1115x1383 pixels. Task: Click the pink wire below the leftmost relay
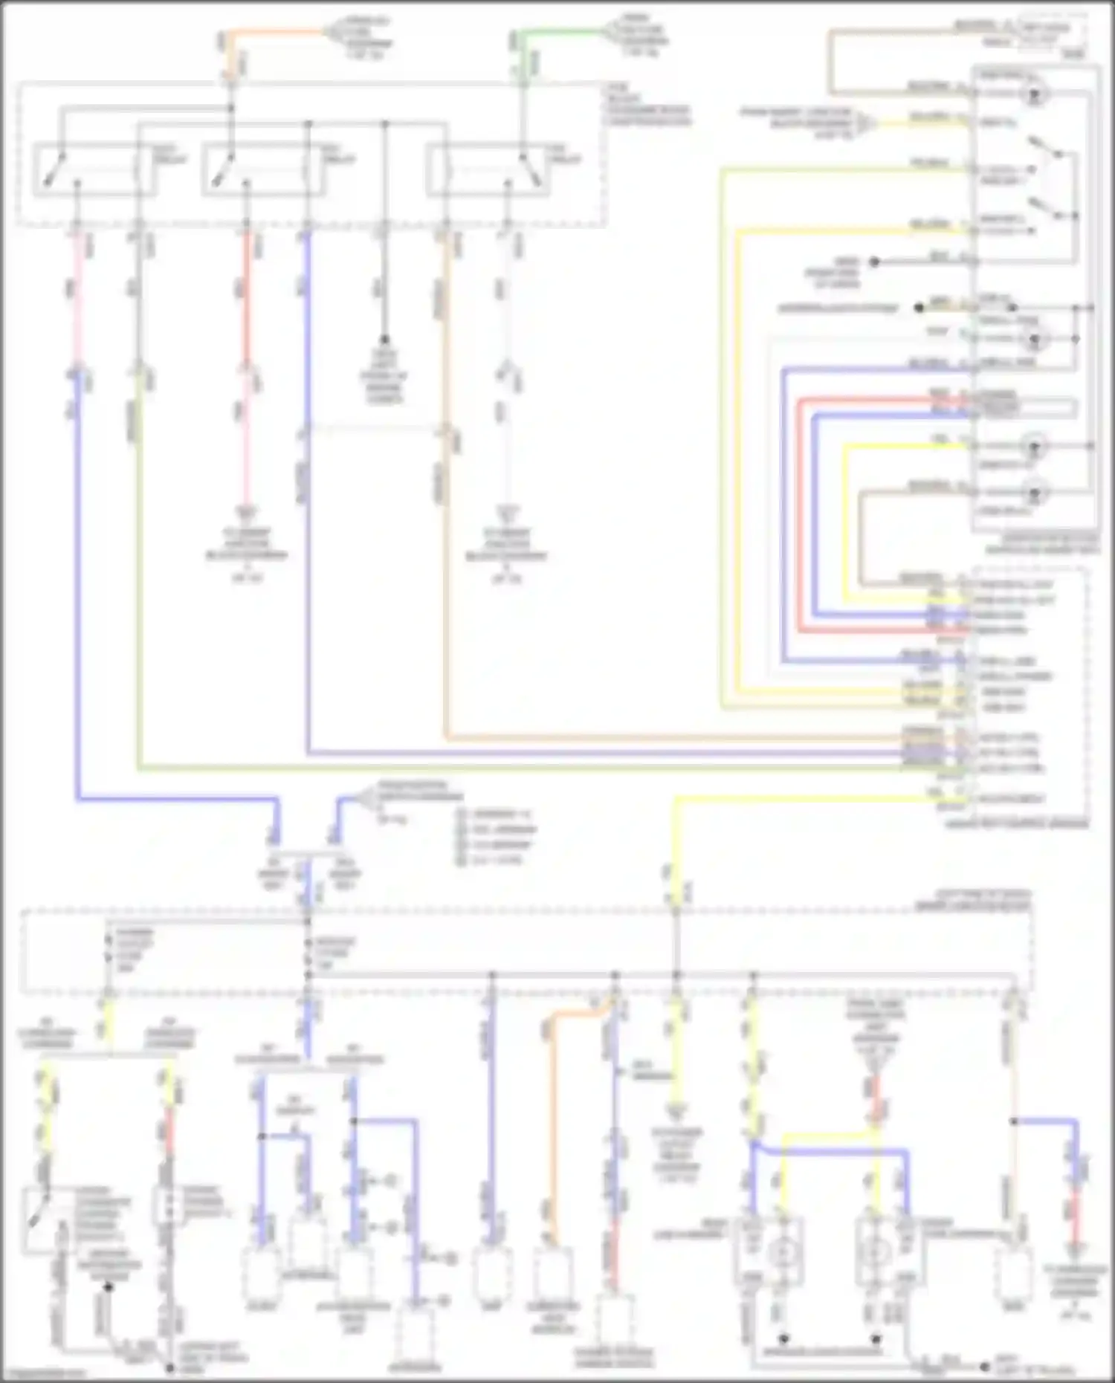tap(77, 297)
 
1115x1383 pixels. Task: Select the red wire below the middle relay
tap(247, 297)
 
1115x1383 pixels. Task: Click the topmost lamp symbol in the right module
tap(1032, 94)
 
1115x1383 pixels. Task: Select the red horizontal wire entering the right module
tap(877, 401)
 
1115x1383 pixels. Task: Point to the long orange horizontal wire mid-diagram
tap(669, 738)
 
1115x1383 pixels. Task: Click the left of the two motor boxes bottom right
tap(780, 1252)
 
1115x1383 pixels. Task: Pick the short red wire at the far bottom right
tap(1073, 1219)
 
